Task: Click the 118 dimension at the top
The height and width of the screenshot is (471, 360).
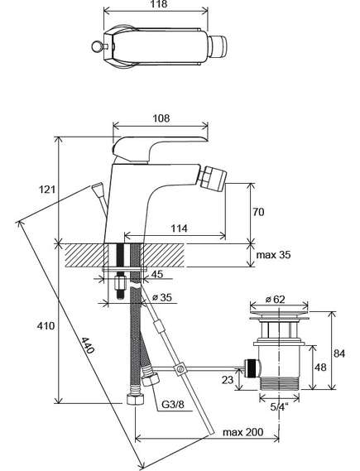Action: point(159,4)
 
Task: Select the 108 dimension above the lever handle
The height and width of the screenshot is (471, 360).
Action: point(161,118)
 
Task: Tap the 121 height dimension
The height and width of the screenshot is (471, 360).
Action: point(47,190)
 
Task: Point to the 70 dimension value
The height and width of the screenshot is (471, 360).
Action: point(258,212)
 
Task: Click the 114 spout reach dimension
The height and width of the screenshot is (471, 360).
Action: point(179,228)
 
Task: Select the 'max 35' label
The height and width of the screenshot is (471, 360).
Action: point(274,255)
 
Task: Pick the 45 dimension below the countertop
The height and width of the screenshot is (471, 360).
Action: point(157,274)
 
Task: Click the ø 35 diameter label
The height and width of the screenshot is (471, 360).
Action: point(162,297)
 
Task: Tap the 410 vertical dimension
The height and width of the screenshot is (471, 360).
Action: point(46,325)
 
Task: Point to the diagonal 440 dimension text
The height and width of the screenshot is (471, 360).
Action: point(88,345)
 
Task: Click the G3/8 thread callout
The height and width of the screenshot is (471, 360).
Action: point(173,404)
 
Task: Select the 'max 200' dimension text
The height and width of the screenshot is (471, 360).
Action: point(243,432)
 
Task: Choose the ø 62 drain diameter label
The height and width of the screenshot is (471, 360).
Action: point(276,299)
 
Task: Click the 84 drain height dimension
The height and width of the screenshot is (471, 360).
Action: point(339,353)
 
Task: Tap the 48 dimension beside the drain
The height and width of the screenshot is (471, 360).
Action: point(320,367)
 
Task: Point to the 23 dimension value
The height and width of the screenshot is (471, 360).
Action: point(228,380)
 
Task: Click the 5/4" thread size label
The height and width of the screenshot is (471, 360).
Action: point(279,406)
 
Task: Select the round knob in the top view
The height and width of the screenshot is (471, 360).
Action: point(97,46)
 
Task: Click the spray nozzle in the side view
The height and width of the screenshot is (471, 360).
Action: point(214,180)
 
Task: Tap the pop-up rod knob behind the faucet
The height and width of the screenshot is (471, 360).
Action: point(98,189)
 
